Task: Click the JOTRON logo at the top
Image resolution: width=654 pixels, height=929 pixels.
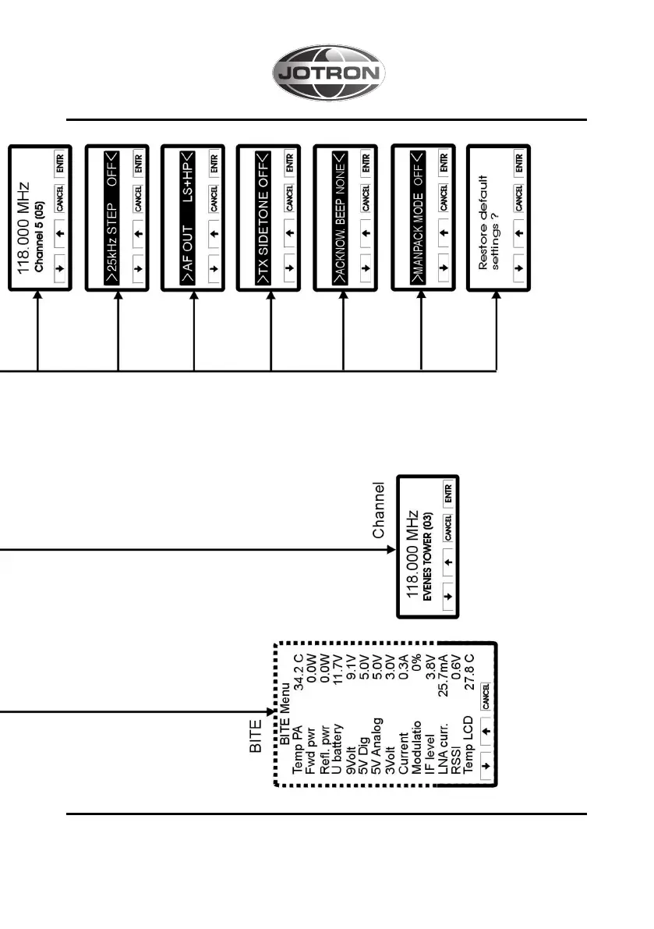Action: point(328,74)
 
